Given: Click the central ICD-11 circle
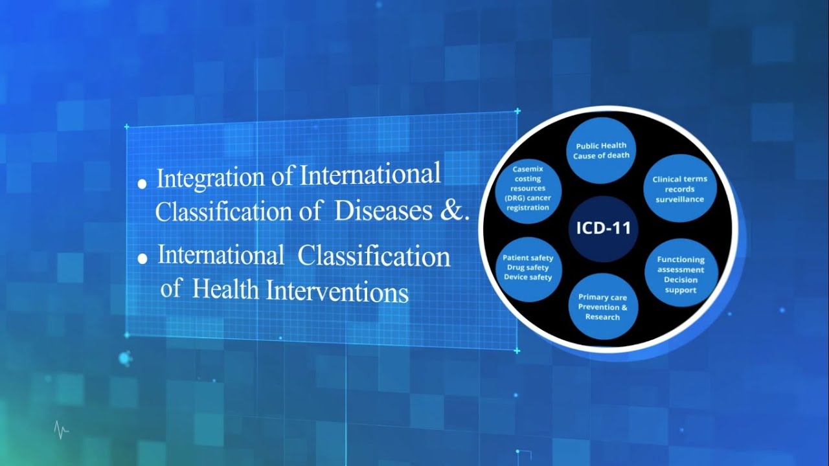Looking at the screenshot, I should tap(603, 228).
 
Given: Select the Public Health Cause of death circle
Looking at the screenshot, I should tap(602, 151).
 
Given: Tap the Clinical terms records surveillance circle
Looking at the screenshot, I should tap(679, 189).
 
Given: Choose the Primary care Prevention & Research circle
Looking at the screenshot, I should tap(602, 307).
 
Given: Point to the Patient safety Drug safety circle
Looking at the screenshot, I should tap(528, 267).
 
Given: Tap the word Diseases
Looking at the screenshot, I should tap(377, 212).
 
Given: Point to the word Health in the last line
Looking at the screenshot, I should tap(226, 290).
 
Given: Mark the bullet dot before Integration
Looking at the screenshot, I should tap(142, 184).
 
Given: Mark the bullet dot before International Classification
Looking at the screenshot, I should tap(142, 259).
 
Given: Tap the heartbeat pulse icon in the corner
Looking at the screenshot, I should tap(62, 430).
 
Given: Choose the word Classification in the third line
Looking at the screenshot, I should tap(374, 256).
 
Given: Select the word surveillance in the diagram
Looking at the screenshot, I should tap(679, 199).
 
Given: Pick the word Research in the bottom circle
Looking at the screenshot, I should tap(602, 317).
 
